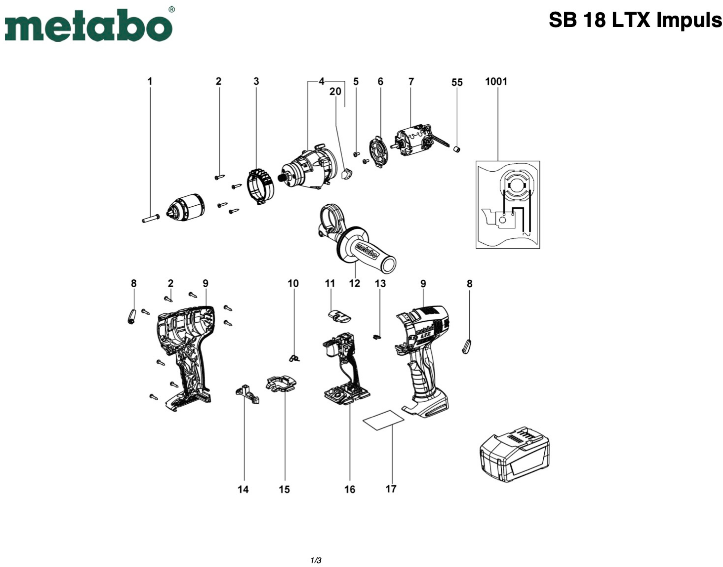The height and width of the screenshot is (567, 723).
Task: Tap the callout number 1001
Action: tap(496, 81)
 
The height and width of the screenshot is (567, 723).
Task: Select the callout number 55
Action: tap(457, 82)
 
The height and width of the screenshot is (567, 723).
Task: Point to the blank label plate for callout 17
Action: tap(383, 420)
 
